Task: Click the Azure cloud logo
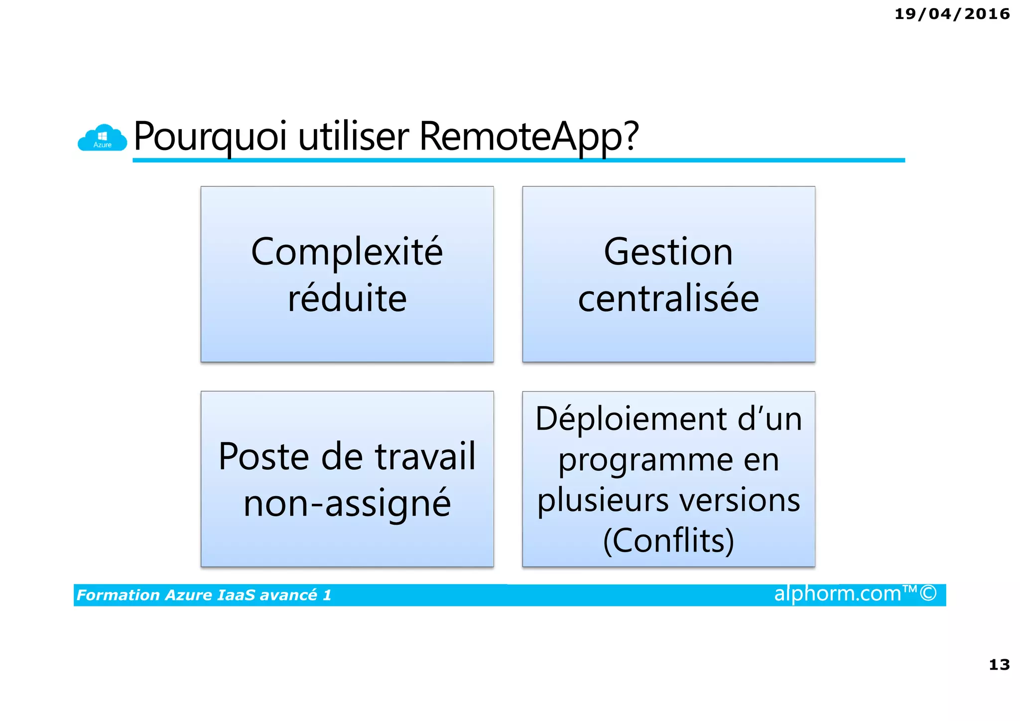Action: tap(102, 138)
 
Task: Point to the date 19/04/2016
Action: tap(952, 14)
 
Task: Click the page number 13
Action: tap(999, 664)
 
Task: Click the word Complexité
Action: tap(347, 252)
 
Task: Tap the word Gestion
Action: tap(668, 252)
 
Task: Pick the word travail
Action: tap(425, 456)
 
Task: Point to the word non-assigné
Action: tap(347, 503)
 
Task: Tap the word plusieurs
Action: tap(602, 500)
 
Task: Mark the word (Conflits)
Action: tap(668, 541)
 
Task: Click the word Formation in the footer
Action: tap(118, 595)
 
